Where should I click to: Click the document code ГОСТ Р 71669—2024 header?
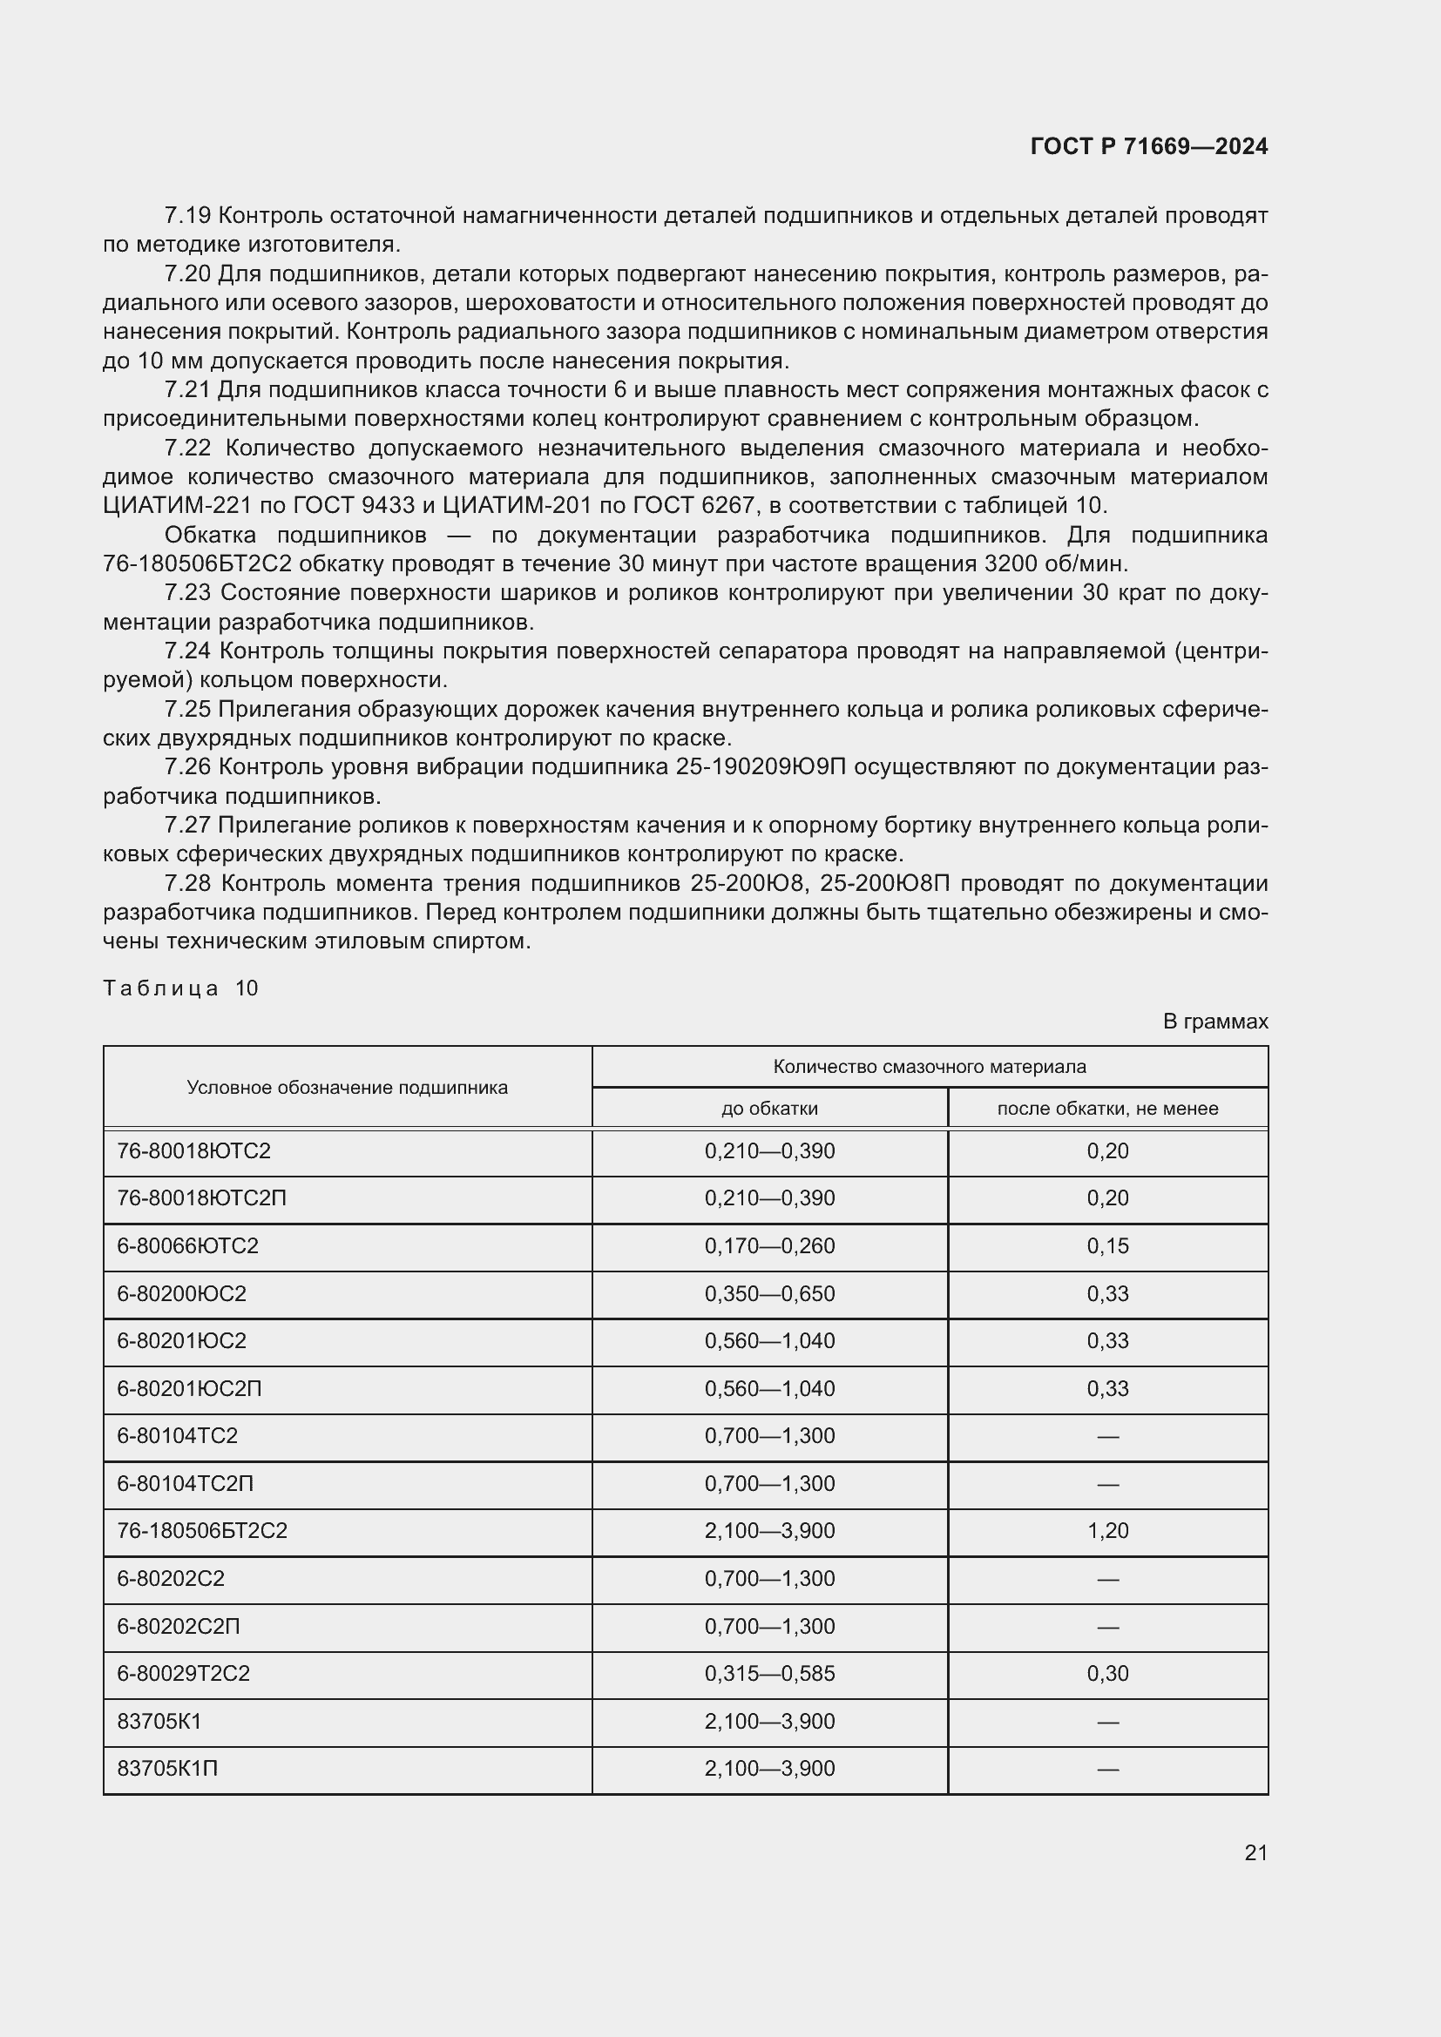(x=1148, y=146)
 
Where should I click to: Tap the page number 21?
(x=1255, y=1852)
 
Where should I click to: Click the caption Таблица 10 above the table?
(x=180, y=988)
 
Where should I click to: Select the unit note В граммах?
(x=1214, y=1022)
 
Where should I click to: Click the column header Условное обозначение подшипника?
(x=347, y=1088)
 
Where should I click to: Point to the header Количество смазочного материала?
(x=929, y=1067)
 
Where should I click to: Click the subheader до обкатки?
(x=769, y=1108)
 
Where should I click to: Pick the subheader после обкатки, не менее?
(x=1107, y=1108)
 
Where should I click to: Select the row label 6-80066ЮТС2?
(x=187, y=1245)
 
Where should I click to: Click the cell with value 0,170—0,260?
(x=769, y=1245)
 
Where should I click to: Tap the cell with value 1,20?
(x=1107, y=1530)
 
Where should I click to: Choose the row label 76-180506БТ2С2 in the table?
(x=202, y=1530)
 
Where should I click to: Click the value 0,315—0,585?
(x=769, y=1673)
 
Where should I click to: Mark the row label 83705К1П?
(x=167, y=1768)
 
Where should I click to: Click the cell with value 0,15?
(x=1107, y=1245)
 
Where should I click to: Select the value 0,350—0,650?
(x=769, y=1293)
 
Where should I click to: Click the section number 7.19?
(x=186, y=216)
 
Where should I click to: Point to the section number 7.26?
(x=186, y=766)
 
